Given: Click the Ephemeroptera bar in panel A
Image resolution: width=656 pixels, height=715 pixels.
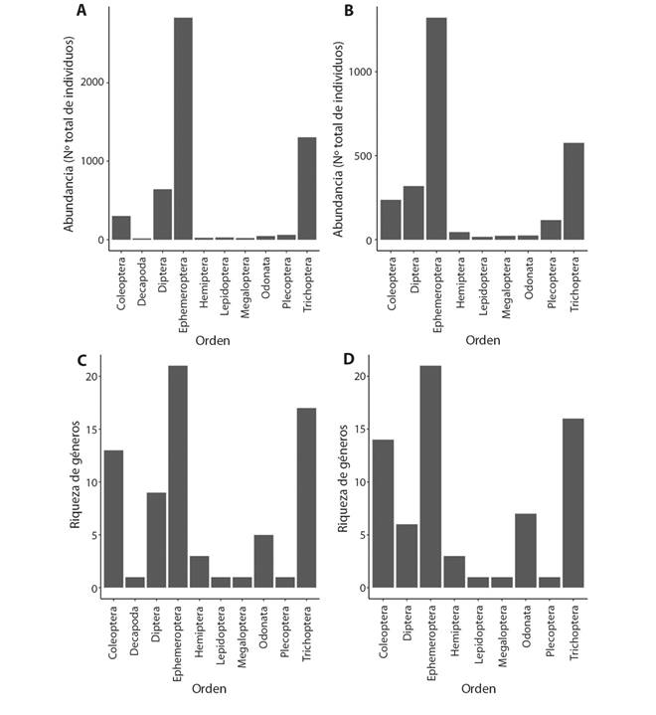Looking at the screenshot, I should click(x=183, y=129).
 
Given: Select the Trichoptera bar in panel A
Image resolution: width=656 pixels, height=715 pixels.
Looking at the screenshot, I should click(x=307, y=188).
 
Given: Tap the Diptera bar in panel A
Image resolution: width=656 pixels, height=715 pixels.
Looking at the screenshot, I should click(x=162, y=215).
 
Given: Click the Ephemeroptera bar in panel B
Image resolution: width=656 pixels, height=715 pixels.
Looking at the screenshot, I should click(x=436, y=129).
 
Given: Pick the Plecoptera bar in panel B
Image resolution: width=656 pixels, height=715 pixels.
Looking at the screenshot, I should click(x=551, y=230).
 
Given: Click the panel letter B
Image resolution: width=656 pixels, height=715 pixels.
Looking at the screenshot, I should click(x=349, y=11).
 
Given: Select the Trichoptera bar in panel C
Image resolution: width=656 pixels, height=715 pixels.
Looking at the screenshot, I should click(x=307, y=498).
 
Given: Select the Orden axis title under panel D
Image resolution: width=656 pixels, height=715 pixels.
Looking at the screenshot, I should click(x=482, y=688).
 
